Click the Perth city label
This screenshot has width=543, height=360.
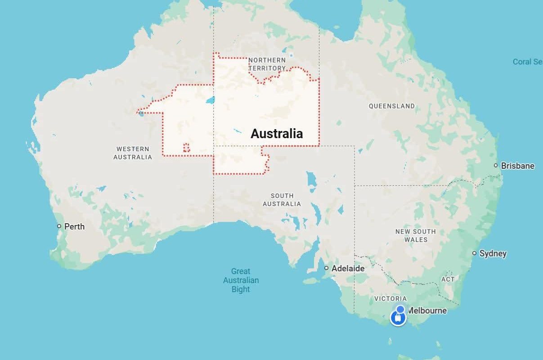(x=74, y=226)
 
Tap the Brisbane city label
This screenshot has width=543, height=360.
(x=517, y=166)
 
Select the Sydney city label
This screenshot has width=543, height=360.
(x=493, y=253)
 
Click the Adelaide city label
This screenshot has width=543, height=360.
(x=348, y=268)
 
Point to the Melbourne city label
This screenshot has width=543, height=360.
(x=427, y=310)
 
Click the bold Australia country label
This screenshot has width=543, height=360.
(x=277, y=134)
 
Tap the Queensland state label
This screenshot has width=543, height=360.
(x=391, y=106)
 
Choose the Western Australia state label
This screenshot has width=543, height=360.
(x=133, y=153)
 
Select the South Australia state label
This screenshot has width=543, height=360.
(x=282, y=200)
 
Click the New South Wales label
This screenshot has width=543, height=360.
(x=416, y=235)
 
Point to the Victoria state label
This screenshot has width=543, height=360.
(x=390, y=298)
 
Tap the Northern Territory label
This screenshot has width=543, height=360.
(x=267, y=64)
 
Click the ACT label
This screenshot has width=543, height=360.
(x=448, y=279)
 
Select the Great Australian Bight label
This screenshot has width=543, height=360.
(x=241, y=280)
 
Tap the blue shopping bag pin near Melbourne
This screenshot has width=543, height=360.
(x=398, y=318)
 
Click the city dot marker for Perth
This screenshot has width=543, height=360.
(x=59, y=226)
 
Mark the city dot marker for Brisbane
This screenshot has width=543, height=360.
(x=496, y=166)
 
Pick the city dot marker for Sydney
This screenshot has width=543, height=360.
(x=474, y=253)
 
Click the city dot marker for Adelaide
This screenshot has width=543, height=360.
(x=327, y=268)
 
